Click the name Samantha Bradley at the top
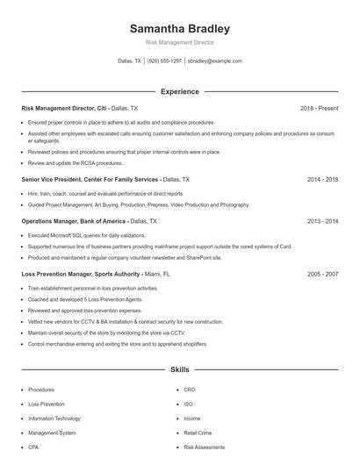(179, 28)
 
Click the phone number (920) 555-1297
(164, 61)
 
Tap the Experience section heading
(179, 91)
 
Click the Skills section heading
(179, 371)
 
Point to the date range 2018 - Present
(319, 108)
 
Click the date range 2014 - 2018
(323, 179)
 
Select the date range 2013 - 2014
(323, 222)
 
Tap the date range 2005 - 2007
(323, 274)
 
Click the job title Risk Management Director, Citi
(64, 108)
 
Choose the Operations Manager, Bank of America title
(74, 222)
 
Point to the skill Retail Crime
(198, 433)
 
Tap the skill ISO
(188, 404)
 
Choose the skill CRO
(190, 390)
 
